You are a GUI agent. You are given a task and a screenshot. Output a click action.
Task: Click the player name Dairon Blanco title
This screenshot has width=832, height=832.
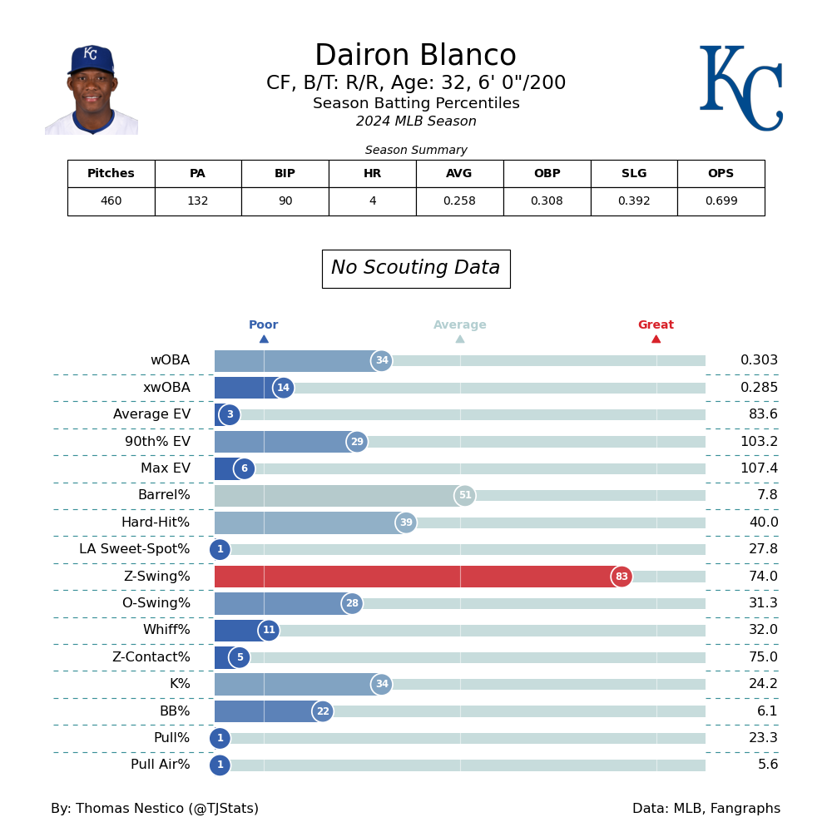coord(415,56)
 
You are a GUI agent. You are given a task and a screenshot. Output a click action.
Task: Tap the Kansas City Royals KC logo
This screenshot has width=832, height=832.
coord(740,88)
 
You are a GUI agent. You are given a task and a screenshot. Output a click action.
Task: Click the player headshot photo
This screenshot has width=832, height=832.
coord(92,90)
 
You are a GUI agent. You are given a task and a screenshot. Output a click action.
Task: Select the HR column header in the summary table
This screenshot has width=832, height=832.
coord(372,174)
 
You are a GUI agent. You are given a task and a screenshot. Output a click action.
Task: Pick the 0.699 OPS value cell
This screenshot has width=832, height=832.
coord(721,201)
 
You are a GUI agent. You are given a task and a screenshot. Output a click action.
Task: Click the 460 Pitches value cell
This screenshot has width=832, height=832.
coord(111,201)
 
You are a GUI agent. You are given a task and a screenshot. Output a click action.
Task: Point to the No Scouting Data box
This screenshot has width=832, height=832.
coord(416,269)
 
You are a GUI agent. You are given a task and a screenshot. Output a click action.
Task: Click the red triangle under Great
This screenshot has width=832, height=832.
coord(656,339)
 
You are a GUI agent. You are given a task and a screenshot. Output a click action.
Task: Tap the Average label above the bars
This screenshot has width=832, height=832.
coord(459,325)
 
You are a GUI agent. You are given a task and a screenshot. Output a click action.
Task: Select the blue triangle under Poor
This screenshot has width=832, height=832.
coord(264,339)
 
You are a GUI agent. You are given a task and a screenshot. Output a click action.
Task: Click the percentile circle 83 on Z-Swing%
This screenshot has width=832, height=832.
coord(622,577)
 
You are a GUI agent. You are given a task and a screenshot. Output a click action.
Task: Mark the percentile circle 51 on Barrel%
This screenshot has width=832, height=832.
coord(464,496)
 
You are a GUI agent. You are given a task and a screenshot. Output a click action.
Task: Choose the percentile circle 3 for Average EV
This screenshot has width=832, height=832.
coord(230,415)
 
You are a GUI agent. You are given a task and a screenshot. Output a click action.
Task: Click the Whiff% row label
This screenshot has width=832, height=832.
coord(166,631)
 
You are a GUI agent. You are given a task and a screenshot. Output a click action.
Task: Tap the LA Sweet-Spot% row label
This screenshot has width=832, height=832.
coord(135,549)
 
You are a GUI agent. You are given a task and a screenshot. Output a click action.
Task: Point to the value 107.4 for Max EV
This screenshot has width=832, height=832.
coord(759,468)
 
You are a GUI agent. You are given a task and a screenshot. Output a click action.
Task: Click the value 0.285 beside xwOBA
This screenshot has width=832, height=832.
coord(759,388)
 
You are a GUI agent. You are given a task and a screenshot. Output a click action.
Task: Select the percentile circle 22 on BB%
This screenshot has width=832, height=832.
coord(323,711)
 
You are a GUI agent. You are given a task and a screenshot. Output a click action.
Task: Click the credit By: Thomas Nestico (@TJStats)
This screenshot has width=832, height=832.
coord(155,809)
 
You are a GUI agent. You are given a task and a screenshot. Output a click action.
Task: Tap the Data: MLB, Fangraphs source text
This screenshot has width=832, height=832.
coord(706,809)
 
